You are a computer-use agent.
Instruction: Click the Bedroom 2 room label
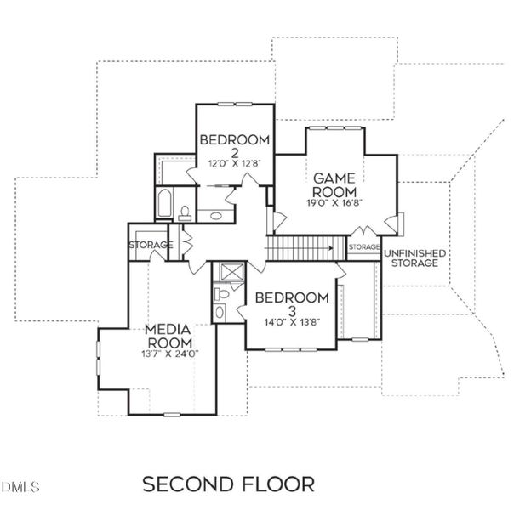234,146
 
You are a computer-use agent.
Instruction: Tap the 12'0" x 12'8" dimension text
234,164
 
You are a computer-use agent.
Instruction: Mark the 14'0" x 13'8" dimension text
292,322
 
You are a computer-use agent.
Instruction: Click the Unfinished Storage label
414,259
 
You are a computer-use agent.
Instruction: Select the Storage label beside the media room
150,246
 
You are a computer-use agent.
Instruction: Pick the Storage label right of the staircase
363,247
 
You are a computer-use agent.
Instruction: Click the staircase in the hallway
307,247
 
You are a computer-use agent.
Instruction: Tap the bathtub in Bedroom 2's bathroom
165,205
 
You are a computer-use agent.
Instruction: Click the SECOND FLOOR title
227,484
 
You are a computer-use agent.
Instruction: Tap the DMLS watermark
20,487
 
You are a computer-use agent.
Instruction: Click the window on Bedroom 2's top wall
231,105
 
